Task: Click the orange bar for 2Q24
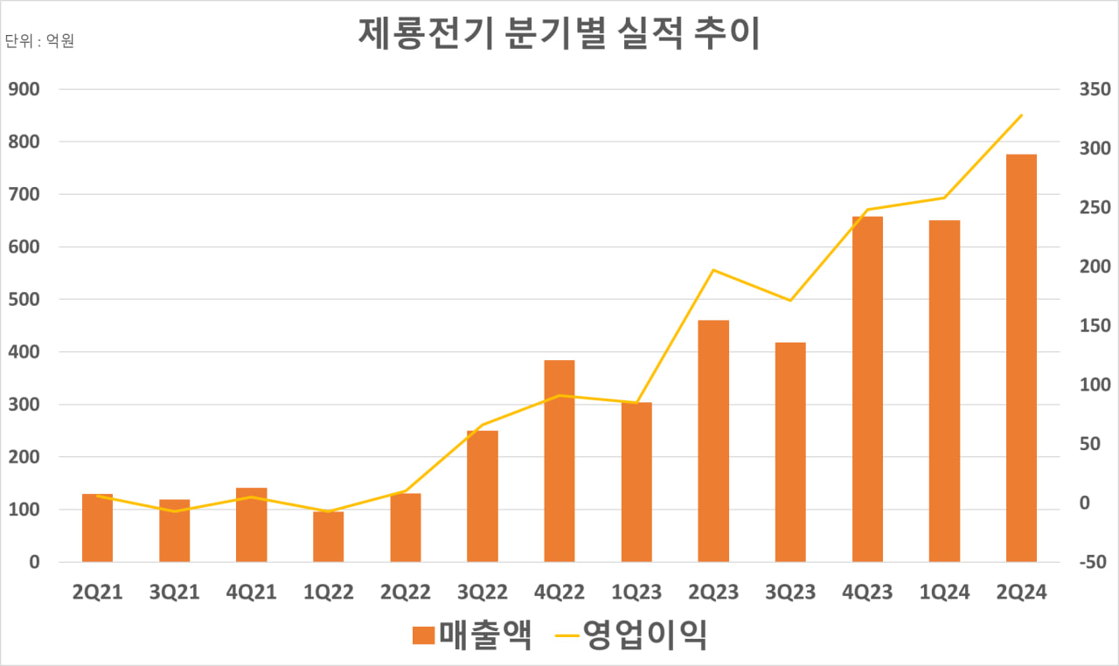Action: coord(1021,358)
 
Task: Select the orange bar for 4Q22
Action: coord(559,461)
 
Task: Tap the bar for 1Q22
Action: coord(328,537)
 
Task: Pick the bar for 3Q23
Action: coord(790,452)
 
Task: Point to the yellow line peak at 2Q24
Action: coord(1021,114)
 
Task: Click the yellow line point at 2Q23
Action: coord(713,270)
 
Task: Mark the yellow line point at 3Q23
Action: coord(790,301)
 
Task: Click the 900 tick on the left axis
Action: coord(25,89)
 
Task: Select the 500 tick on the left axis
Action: coord(25,299)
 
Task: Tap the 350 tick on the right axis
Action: coord(1094,89)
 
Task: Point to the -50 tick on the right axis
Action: coord(1094,562)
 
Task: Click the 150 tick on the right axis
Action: coord(1094,326)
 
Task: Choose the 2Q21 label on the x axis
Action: coord(97,593)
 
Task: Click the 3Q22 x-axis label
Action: coord(482,593)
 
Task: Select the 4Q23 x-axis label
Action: coord(867,593)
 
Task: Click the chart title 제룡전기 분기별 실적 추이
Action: coord(559,34)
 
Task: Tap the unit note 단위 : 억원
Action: coord(39,41)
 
